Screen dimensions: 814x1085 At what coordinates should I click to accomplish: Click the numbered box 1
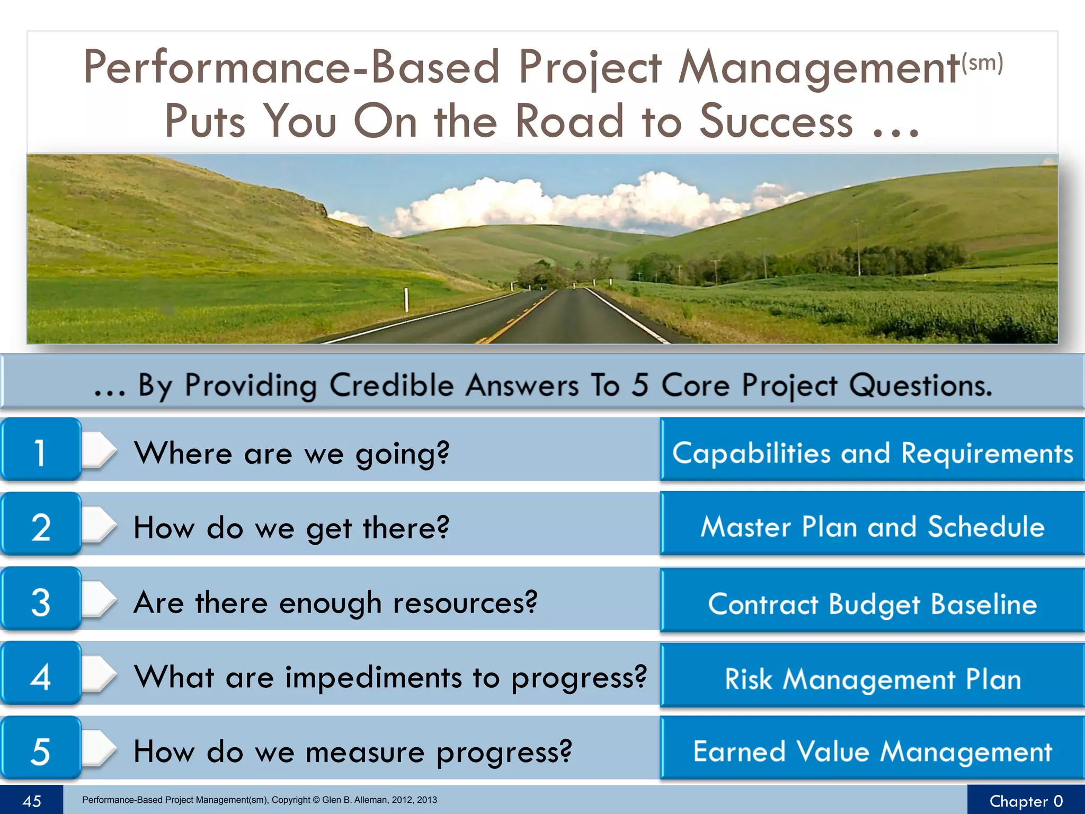tap(40, 450)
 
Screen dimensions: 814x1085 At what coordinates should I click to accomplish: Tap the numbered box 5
tap(40, 749)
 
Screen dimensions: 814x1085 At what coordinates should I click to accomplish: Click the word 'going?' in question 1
tap(402, 454)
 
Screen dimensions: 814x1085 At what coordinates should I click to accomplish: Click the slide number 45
tap(31, 801)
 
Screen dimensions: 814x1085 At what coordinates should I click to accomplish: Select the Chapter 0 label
tap(1026, 801)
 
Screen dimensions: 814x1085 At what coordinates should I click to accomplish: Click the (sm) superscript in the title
tap(982, 62)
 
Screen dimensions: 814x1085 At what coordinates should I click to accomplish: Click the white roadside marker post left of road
tap(406, 300)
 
